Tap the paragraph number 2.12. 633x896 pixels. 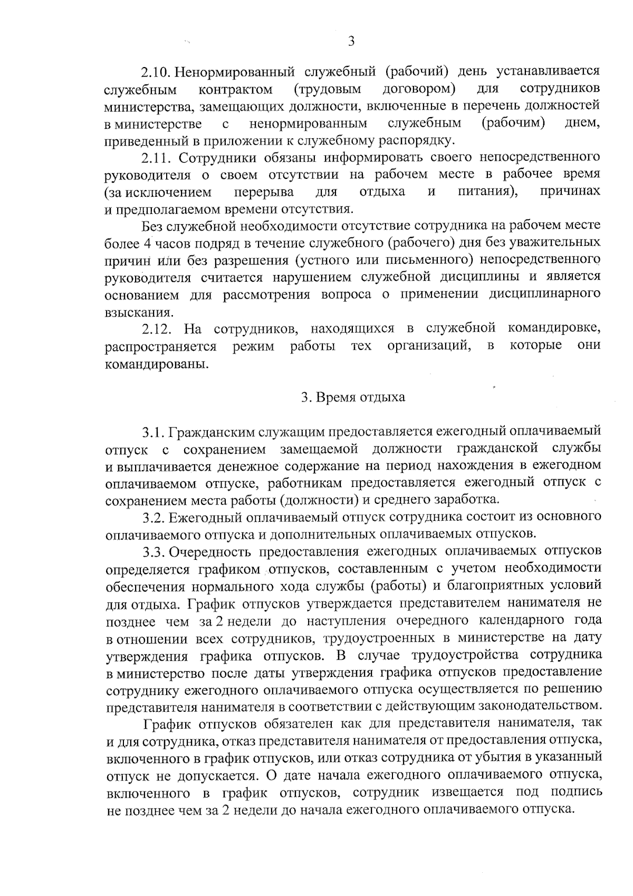(x=157, y=329)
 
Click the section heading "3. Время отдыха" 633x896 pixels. (x=353, y=397)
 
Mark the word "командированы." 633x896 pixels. (x=153, y=364)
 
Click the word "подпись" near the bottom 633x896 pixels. (x=576, y=792)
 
